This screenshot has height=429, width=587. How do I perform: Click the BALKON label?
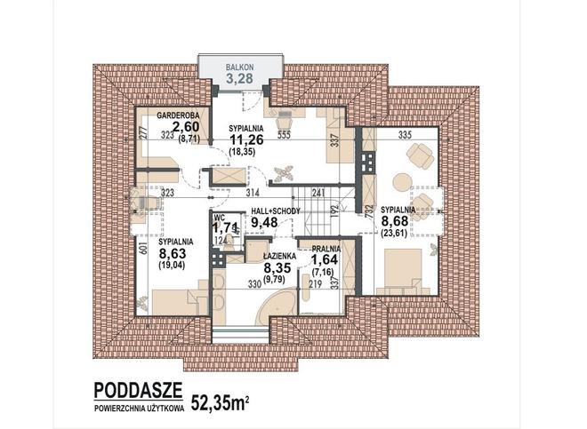point(239,68)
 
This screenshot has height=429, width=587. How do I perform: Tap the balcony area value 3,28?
point(239,78)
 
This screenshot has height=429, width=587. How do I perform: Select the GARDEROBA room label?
point(178,115)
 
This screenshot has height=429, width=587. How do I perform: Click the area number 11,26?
point(246,139)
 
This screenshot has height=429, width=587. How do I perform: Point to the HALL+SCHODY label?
point(276,211)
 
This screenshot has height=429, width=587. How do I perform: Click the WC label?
point(219,218)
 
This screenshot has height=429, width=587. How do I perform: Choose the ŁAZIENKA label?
point(279,256)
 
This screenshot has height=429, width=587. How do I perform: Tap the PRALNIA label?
point(326,249)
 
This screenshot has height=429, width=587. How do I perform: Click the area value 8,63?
point(173,254)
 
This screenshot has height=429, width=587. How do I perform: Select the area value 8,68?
point(395,221)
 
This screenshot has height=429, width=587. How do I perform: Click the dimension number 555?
point(284,135)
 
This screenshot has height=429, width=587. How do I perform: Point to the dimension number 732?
point(368,212)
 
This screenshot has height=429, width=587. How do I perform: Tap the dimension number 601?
point(142,248)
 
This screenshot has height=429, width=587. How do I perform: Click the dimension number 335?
point(405,135)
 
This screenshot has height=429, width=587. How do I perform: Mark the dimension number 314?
point(253,193)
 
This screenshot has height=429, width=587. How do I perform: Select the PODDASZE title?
point(138,390)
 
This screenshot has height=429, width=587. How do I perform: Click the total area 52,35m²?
point(221,402)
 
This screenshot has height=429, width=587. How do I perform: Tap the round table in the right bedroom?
point(402,182)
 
